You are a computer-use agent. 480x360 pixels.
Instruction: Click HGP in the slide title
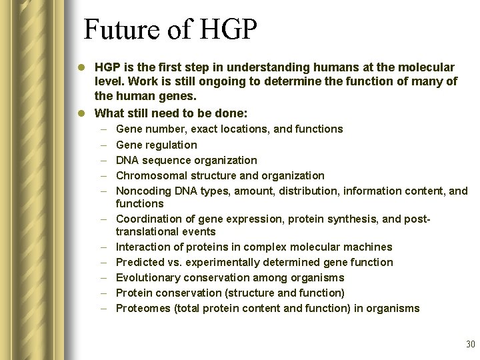[x=224, y=30]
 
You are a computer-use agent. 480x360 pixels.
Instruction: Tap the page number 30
[x=470, y=344]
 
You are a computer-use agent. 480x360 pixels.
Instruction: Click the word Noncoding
[x=142, y=191]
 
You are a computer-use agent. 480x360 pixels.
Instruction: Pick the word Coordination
[x=147, y=219]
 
